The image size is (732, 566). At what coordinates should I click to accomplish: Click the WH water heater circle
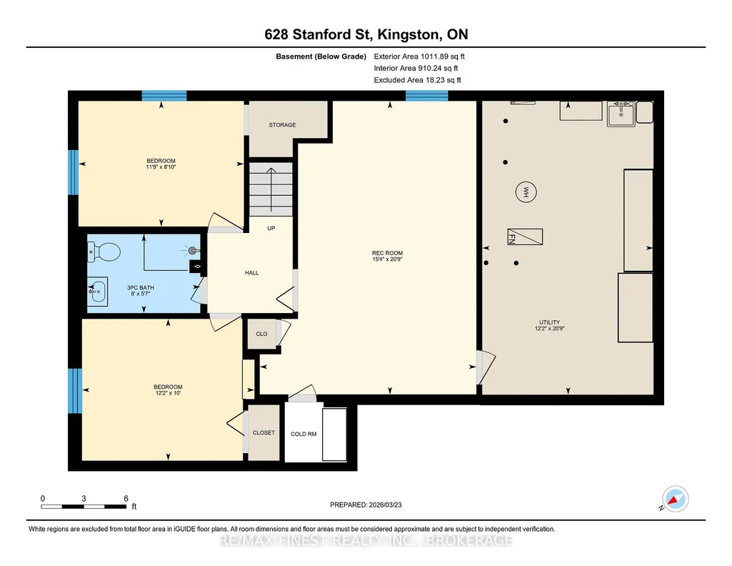[526, 192]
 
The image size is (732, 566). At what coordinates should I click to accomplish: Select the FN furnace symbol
[525, 237]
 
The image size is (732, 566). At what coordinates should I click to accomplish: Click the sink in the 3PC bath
[98, 292]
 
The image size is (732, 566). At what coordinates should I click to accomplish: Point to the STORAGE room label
[282, 125]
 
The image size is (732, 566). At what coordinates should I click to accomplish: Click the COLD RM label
[304, 435]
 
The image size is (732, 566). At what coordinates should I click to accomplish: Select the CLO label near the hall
[261, 334]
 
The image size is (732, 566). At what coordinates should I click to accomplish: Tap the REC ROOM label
[388, 253]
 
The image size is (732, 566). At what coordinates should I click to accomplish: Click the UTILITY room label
[549, 322]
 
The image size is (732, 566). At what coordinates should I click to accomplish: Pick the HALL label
[251, 273]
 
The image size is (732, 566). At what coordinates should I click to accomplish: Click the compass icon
[675, 500]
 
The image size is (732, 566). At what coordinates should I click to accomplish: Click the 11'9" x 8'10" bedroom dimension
[161, 167]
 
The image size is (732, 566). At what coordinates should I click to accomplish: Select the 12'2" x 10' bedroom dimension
[168, 393]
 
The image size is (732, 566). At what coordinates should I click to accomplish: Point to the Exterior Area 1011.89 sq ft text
[419, 56]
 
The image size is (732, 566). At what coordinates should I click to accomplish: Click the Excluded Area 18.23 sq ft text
[417, 80]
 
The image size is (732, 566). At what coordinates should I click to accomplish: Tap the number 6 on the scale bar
[126, 499]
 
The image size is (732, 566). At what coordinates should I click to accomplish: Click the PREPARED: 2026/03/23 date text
[366, 505]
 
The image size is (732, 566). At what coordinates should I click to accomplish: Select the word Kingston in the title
[408, 34]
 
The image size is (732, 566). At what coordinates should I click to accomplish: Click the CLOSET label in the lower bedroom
[264, 433]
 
